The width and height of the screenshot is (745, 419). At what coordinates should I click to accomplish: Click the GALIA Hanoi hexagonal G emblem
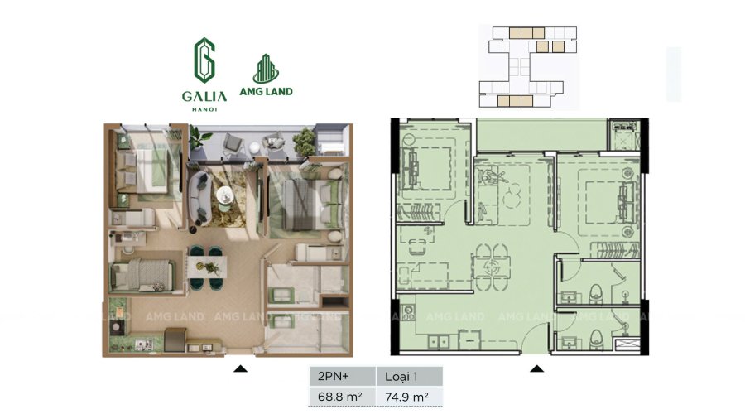[x=204, y=60]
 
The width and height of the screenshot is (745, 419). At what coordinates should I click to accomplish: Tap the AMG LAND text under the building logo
[x=266, y=91]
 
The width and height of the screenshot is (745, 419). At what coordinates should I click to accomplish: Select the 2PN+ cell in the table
[x=343, y=376]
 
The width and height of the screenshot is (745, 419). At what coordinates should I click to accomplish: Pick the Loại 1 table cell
[x=410, y=376]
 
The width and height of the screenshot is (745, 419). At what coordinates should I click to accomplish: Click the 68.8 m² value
[x=339, y=396]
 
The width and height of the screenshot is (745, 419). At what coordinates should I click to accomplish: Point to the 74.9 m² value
[x=406, y=396]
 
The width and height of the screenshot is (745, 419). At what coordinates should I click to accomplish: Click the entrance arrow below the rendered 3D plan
[x=240, y=368]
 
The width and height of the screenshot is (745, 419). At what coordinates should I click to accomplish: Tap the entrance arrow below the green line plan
[x=537, y=368]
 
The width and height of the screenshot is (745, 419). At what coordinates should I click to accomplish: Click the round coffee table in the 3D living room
[x=224, y=195]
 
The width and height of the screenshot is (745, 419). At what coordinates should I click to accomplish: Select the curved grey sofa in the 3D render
[x=199, y=198]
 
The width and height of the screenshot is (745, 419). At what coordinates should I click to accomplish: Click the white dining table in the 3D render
[x=207, y=267]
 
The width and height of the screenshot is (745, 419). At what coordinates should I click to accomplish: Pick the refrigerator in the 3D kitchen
[x=175, y=340]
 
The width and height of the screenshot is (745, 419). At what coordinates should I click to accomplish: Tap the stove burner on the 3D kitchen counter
[x=115, y=326]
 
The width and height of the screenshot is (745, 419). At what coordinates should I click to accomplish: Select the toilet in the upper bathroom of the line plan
[x=596, y=294]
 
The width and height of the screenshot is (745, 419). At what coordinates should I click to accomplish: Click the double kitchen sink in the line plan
[x=439, y=342]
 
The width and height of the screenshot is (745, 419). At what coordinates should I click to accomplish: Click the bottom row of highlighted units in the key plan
[x=515, y=101]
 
